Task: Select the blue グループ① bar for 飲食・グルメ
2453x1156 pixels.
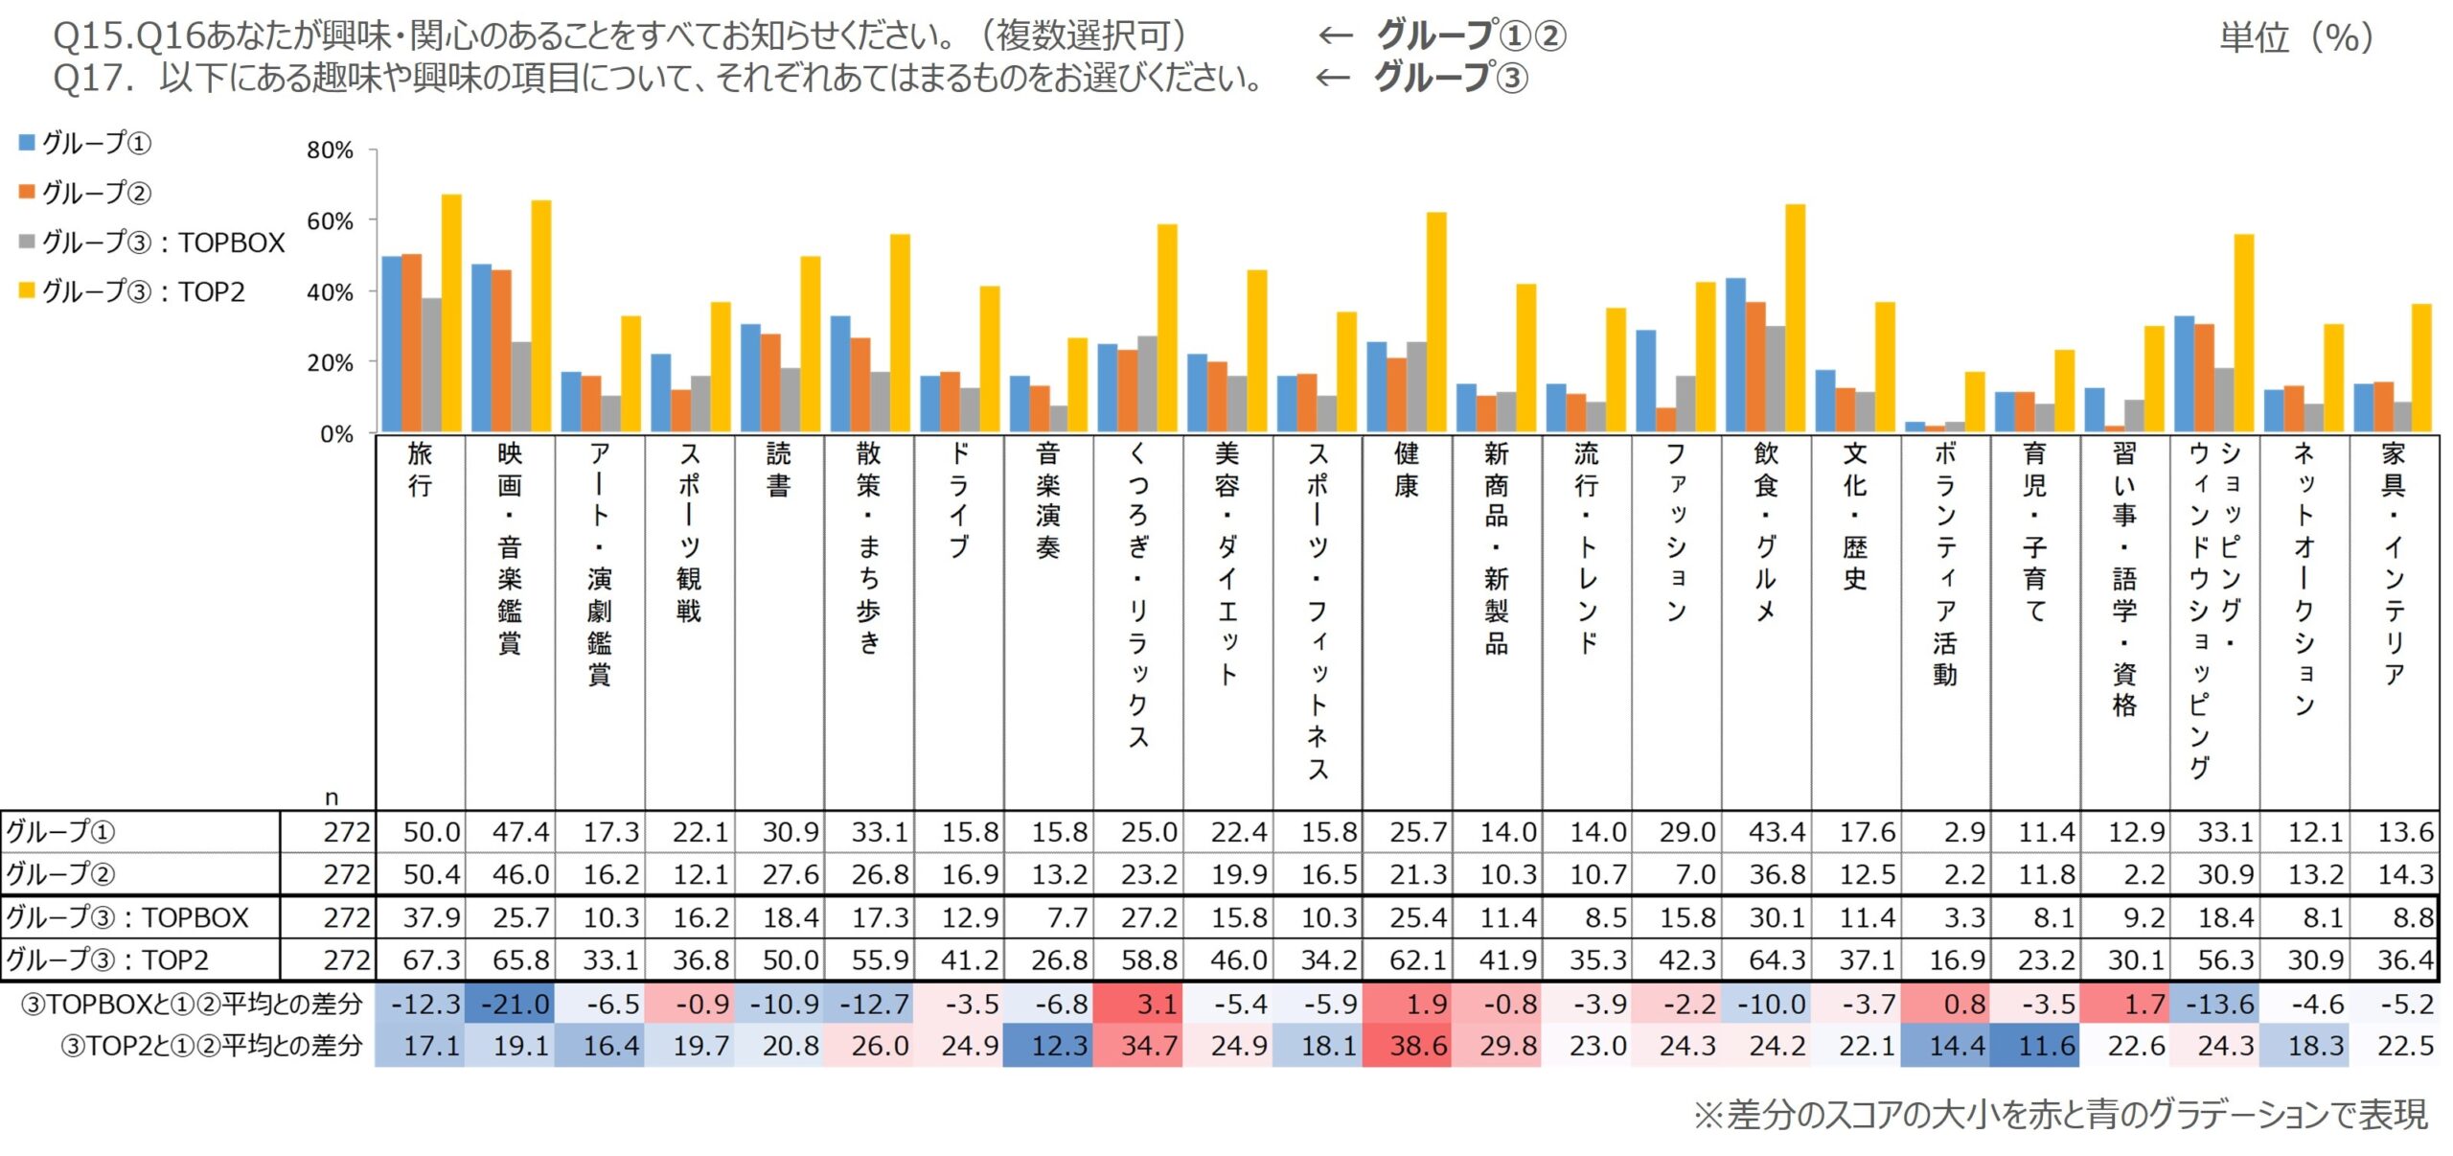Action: pos(1735,355)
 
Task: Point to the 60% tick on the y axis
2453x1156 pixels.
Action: pos(330,221)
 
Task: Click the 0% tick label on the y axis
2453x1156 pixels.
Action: pos(336,434)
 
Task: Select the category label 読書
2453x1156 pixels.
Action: pos(779,470)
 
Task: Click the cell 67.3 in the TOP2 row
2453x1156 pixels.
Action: pos(431,959)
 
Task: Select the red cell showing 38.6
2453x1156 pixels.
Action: pos(1418,1045)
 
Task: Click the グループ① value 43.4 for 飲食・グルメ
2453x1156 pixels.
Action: pos(1777,832)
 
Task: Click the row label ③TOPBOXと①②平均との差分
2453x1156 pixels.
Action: pos(192,1004)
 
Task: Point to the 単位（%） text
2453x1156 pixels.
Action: pos(2296,37)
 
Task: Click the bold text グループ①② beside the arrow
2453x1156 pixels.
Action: pos(1471,35)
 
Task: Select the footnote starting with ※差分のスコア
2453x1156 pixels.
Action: pos(2060,1114)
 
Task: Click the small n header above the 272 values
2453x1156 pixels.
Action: pos(332,798)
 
